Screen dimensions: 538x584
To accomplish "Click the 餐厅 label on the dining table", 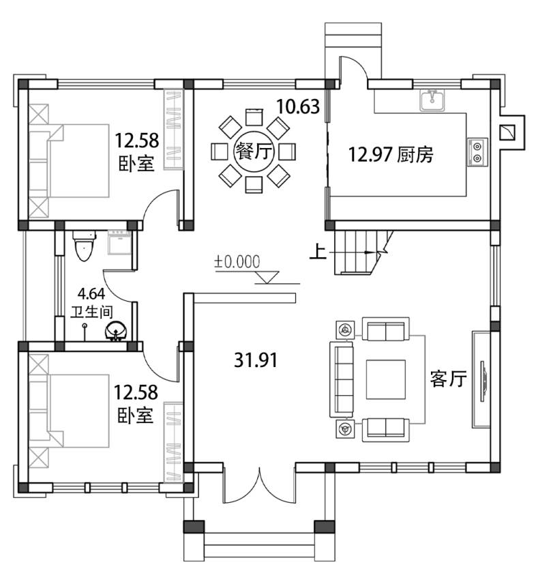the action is tap(254, 151).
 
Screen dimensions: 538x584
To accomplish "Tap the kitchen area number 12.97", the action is tap(370, 154).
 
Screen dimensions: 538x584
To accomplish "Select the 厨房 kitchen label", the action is tap(415, 154).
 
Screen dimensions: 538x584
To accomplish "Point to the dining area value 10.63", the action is tap(298, 106).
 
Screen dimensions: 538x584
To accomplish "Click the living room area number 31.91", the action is tap(256, 360).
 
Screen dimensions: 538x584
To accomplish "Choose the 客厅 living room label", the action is tap(448, 379).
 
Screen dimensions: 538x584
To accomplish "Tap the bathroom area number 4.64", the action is tap(91, 294).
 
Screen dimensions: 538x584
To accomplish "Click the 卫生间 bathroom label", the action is tap(91, 311).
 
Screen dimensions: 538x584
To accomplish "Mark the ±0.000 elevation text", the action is tap(237, 262).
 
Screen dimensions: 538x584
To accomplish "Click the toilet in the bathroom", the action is tap(83, 246).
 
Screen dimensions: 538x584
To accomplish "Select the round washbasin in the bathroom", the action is tap(117, 330).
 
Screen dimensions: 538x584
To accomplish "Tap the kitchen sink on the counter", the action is tap(432, 100).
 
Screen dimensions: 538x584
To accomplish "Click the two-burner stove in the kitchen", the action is tap(477, 152).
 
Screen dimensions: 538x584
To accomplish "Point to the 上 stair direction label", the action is tap(318, 252).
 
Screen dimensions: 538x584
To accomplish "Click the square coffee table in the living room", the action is tap(386, 379).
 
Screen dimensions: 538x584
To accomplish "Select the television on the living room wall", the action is tap(482, 381).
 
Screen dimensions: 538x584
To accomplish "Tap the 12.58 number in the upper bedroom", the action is tap(136, 141).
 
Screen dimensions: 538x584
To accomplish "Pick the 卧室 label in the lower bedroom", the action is tap(136, 415).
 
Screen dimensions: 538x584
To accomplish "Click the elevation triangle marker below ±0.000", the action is tap(267, 277).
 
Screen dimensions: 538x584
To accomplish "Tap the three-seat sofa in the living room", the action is tap(341, 379).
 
